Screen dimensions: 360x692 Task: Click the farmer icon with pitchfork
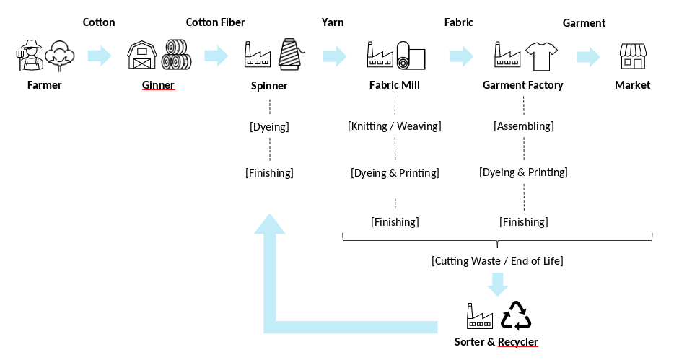click(x=29, y=56)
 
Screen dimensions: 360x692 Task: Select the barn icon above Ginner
click(x=141, y=55)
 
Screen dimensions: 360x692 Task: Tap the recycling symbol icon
click(x=516, y=315)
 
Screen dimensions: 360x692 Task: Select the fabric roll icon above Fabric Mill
click(x=411, y=56)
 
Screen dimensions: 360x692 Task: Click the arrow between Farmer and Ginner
click(x=100, y=56)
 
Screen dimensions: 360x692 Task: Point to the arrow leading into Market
click(x=588, y=56)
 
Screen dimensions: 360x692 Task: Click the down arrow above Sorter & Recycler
click(x=497, y=284)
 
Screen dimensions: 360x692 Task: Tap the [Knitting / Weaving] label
click(x=394, y=126)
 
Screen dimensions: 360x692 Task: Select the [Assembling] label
click(x=523, y=126)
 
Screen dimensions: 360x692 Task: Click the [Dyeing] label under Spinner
click(x=269, y=127)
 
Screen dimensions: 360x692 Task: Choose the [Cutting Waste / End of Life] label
click(x=497, y=260)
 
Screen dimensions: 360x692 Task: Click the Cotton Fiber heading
click(x=216, y=22)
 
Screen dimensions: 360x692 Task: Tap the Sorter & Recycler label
click(x=496, y=341)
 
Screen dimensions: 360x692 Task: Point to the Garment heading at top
click(x=584, y=23)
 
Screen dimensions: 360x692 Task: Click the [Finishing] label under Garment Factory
click(x=523, y=221)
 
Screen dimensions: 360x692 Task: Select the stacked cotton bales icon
click(x=175, y=55)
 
